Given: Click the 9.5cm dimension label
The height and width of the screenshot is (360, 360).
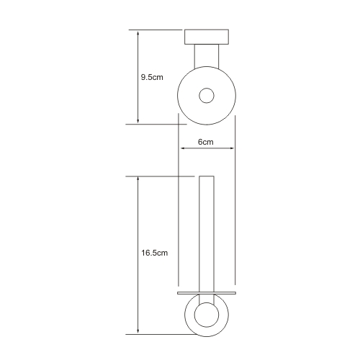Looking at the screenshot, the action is (x=152, y=77).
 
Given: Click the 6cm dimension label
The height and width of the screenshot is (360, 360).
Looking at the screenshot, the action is (x=206, y=142).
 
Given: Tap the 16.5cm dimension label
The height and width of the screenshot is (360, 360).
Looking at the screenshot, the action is (x=154, y=253).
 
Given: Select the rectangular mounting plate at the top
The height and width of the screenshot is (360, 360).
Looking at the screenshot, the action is (x=207, y=37).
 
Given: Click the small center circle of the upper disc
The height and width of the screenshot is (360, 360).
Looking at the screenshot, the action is (x=207, y=96).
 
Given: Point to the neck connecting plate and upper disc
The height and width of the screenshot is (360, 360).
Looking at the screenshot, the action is (x=207, y=56).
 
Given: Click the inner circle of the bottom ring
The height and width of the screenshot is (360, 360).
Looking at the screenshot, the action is (x=207, y=315).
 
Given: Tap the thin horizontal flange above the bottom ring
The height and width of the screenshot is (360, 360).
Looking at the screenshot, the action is (x=207, y=293).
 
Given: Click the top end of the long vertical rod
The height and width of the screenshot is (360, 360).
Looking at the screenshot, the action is (x=207, y=176).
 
